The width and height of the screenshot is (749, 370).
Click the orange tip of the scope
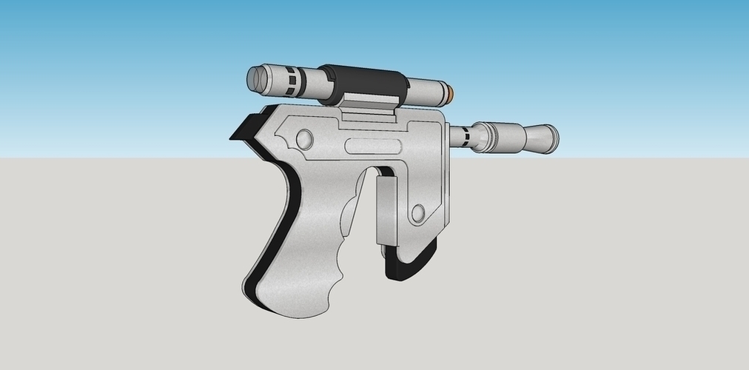tap(453, 94)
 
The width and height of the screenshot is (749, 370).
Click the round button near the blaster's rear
tap(303, 138)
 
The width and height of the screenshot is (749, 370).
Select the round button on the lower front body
tap(417, 214)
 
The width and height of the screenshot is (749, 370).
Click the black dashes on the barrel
tap(465, 135)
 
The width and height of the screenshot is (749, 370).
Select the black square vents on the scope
tap(294, 80)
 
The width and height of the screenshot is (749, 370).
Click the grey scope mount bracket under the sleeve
tap(370, 104)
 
